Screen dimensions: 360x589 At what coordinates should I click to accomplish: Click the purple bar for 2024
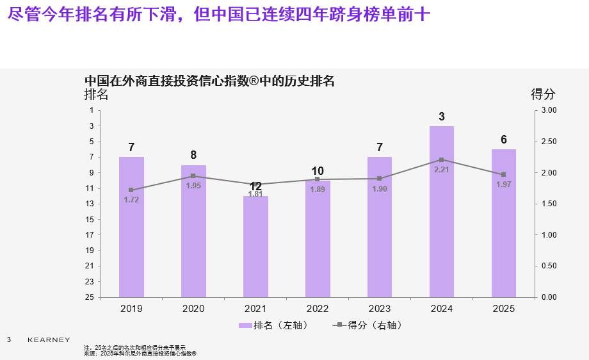[x=442, y=211]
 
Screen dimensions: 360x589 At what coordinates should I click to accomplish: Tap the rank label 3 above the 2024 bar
[x=442, y=117]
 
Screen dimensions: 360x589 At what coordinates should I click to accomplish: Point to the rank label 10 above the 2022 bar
[x=318, y=171]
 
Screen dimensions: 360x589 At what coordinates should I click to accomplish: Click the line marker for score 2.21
[x=442, y=160]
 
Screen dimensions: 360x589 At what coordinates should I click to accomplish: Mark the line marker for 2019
[x=131, y=190]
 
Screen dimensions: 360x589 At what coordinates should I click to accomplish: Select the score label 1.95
[x=193, y=185]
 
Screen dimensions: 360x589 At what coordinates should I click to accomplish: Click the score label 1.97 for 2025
[x=504, y=184]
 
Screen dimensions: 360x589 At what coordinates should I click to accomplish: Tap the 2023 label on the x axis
[x=380, y=309]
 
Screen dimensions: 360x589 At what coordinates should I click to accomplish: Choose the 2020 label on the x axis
[x=193, y=309]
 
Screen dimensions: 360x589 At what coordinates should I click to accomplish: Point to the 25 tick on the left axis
[x=89, y=297]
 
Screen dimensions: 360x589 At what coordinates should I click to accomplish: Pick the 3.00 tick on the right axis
[x=550, y=111]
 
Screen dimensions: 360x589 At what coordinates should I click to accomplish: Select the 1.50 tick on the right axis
[x=550, y=204]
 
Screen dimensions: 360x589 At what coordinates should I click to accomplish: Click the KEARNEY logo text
[x=49, y=340]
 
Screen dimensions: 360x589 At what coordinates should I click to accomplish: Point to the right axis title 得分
[x=544, y=94]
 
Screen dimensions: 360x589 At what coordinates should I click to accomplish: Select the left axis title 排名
[x=97, y=94]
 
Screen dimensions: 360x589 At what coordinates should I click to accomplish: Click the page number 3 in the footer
[x=9, y=339]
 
